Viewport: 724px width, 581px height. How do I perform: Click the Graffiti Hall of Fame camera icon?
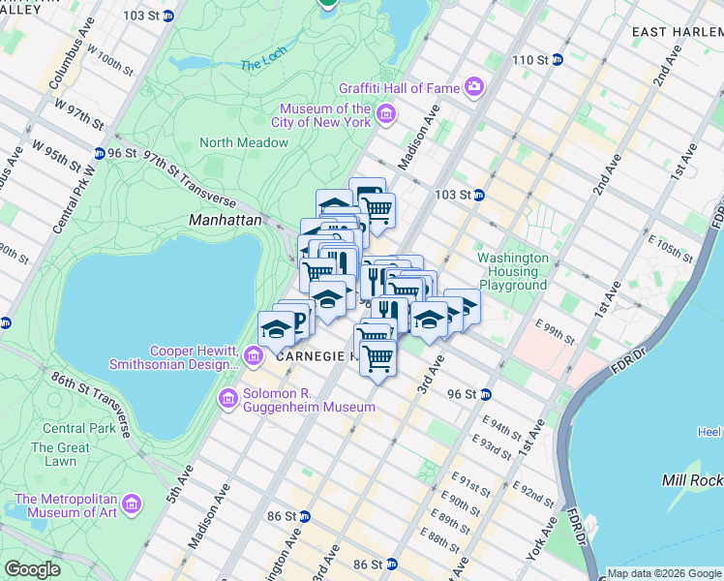[x=474, y=88]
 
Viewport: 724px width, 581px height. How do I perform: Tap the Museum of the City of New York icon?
[x=385, y=116]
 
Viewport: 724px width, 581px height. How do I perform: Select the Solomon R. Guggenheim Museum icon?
[x=228, y=398]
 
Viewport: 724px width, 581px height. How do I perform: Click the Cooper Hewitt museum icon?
[x=254, y=357]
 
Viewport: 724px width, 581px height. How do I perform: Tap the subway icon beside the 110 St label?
[x=560, y=60]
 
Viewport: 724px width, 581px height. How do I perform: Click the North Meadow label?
[x=244, y=142]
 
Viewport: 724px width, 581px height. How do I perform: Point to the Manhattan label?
[x=225, y=221]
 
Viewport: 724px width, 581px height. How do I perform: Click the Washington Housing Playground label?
[x=513, y=272]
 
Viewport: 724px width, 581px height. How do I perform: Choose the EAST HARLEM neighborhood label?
[x=677, y=32]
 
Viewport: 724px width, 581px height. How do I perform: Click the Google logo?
[x=33, y=569]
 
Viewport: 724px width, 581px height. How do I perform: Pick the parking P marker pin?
[x=296, y=320]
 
